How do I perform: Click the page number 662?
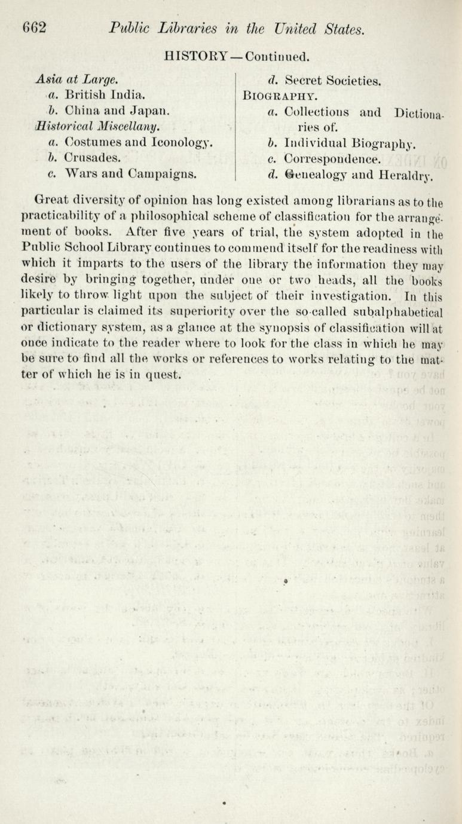[35, 28]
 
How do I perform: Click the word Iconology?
[182, 143]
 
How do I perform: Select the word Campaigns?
[161, 175]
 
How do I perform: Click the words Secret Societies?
[333, 79]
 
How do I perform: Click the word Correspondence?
[332, 160]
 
